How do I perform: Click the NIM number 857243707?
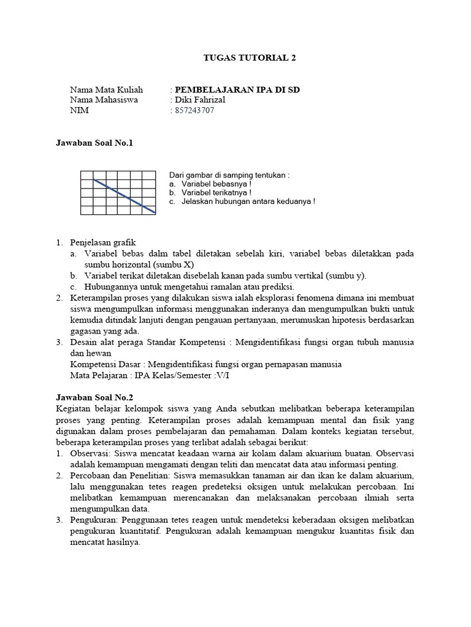[x=196, y=110]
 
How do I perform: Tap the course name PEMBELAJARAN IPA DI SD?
[x=237, y=89]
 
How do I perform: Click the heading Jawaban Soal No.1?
[x=94, y=143]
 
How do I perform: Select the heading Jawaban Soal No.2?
[x=94, y=397]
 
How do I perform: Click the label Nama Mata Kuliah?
[x=106, y=89]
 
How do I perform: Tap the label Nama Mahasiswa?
[x=104, y=100]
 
